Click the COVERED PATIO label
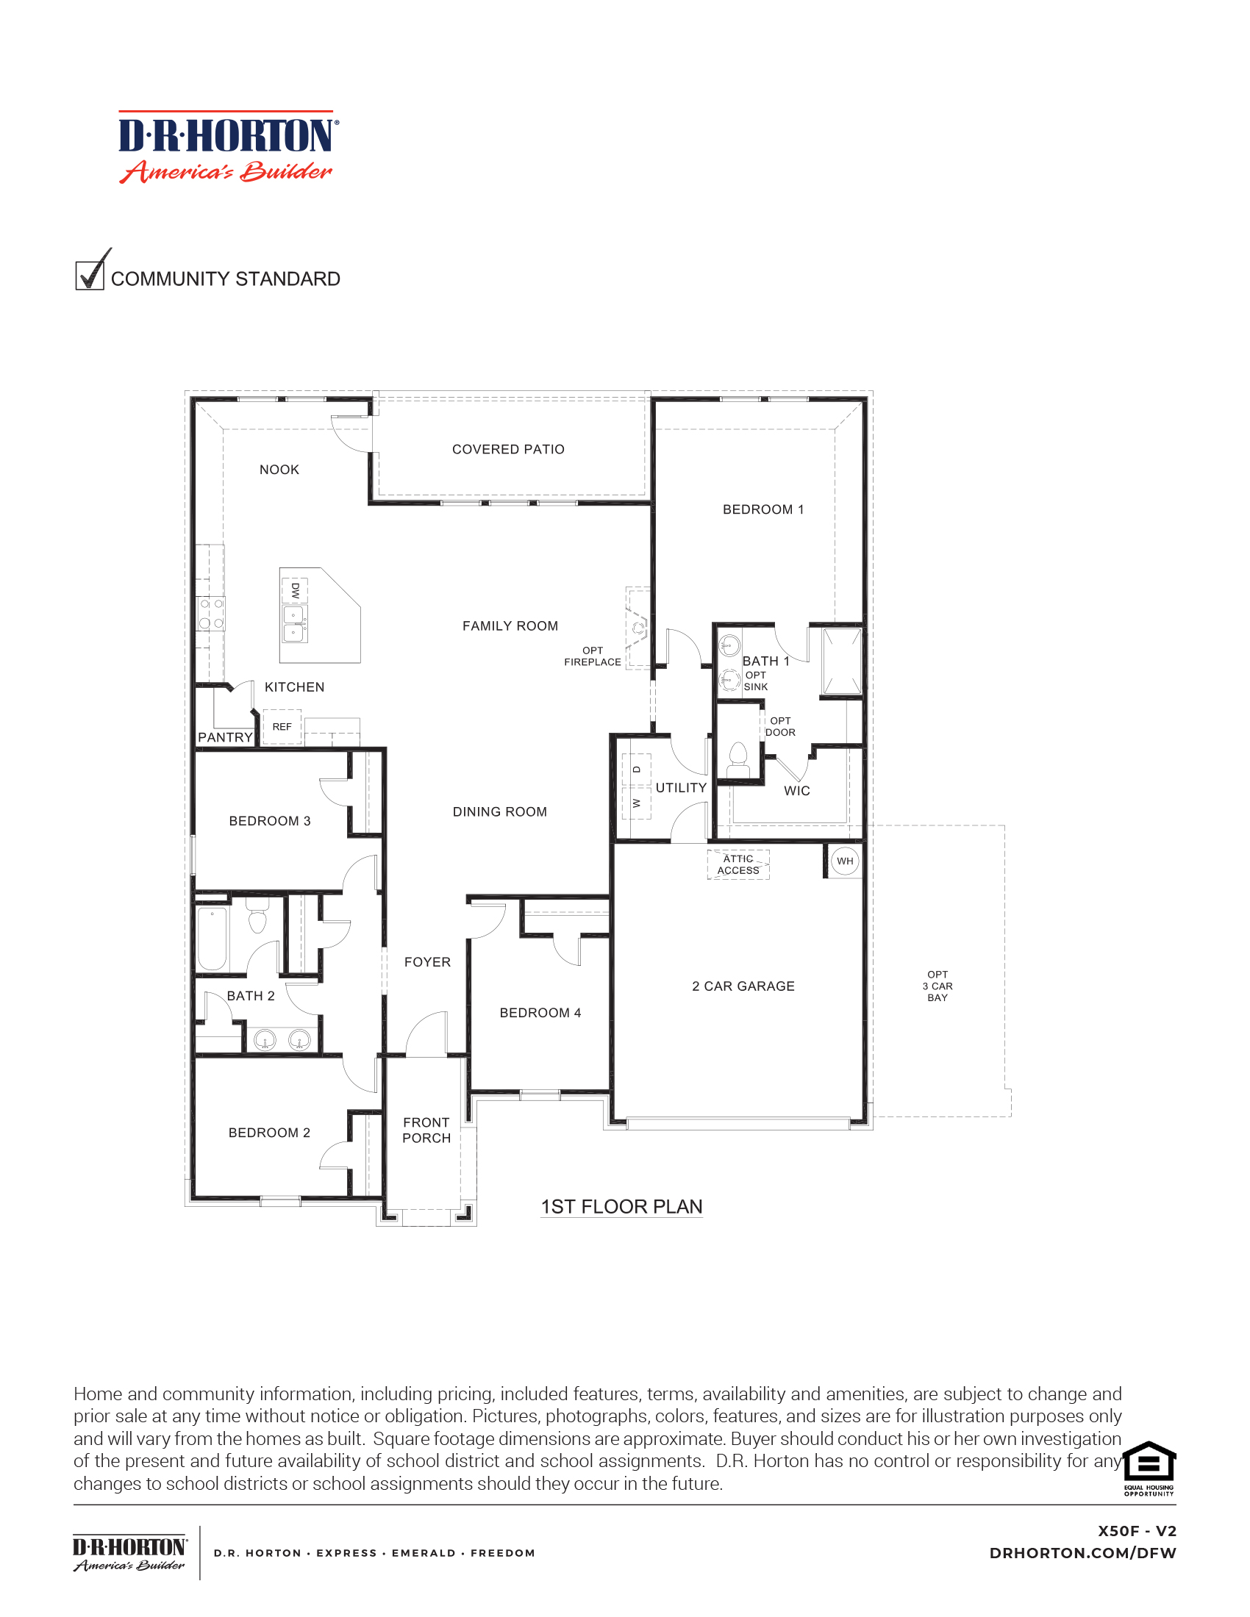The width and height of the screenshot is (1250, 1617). [508, 449]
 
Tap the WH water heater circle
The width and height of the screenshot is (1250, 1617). [845, 861]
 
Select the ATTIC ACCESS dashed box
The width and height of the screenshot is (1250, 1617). [738, 865]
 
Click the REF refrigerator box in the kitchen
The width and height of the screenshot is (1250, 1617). [282, 727]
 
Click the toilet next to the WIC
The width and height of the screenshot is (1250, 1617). [738, 761]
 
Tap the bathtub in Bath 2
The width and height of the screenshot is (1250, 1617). [213, 938]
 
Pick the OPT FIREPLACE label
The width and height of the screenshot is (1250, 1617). [593, 656]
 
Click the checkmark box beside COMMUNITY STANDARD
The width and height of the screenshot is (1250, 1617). [90, 275]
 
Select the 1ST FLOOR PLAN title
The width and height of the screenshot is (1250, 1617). [621, 1207]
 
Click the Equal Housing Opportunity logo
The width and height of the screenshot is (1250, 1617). [1149, 1469]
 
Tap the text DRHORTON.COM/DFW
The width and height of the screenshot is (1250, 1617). [1082, 1553]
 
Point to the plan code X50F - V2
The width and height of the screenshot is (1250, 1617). [1137, 1531]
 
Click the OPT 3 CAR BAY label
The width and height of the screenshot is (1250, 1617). [938, 986]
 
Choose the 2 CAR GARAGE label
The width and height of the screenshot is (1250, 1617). [743, 986]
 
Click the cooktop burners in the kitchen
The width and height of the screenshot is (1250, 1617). [211, 614]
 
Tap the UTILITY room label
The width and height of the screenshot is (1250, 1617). [682, 788]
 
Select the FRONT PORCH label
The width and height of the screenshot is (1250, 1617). [426, 1130]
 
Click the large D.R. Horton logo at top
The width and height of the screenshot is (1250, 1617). [229, 146]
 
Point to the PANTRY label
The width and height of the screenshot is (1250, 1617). [225, 737]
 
